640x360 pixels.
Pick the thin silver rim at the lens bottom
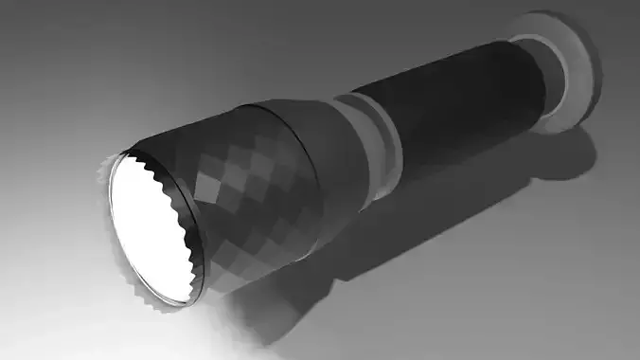(x=170, y=300)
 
